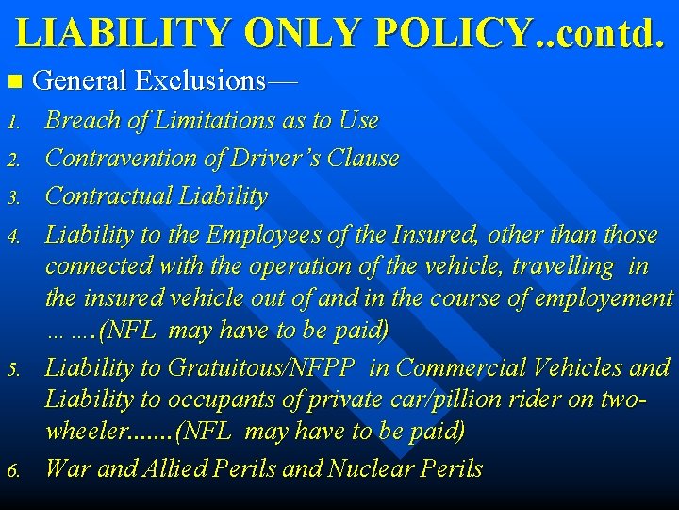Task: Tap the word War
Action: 67,468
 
